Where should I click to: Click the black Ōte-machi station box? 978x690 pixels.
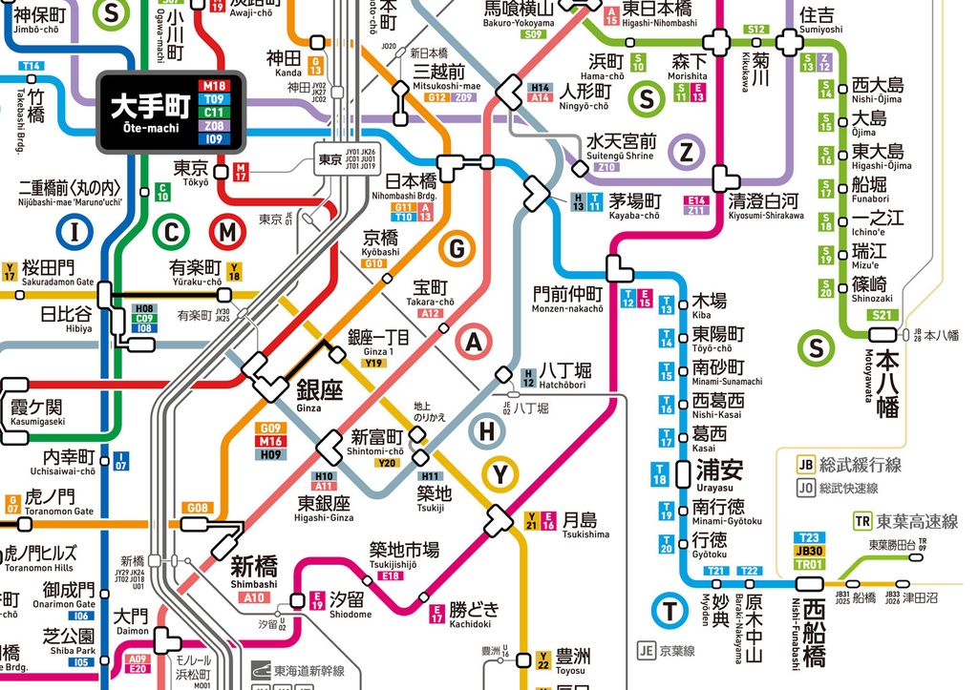point(172,113)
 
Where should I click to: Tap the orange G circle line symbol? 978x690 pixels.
point(457,250)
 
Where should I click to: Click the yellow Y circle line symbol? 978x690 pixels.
point(500,472)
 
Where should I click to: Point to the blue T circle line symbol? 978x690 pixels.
point(670,612)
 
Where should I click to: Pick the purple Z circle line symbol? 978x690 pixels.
point(686,151)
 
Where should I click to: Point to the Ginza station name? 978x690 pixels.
point(320,392)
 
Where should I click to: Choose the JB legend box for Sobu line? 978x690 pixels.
point(805,466)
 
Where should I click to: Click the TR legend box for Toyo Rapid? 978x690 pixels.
point(863,521)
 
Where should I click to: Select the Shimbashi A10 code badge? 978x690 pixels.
point(254,597)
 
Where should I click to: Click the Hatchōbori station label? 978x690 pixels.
point(564,372)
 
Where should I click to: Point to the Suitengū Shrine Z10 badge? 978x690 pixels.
point(606,167)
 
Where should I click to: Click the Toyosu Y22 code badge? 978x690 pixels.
point(543,659)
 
